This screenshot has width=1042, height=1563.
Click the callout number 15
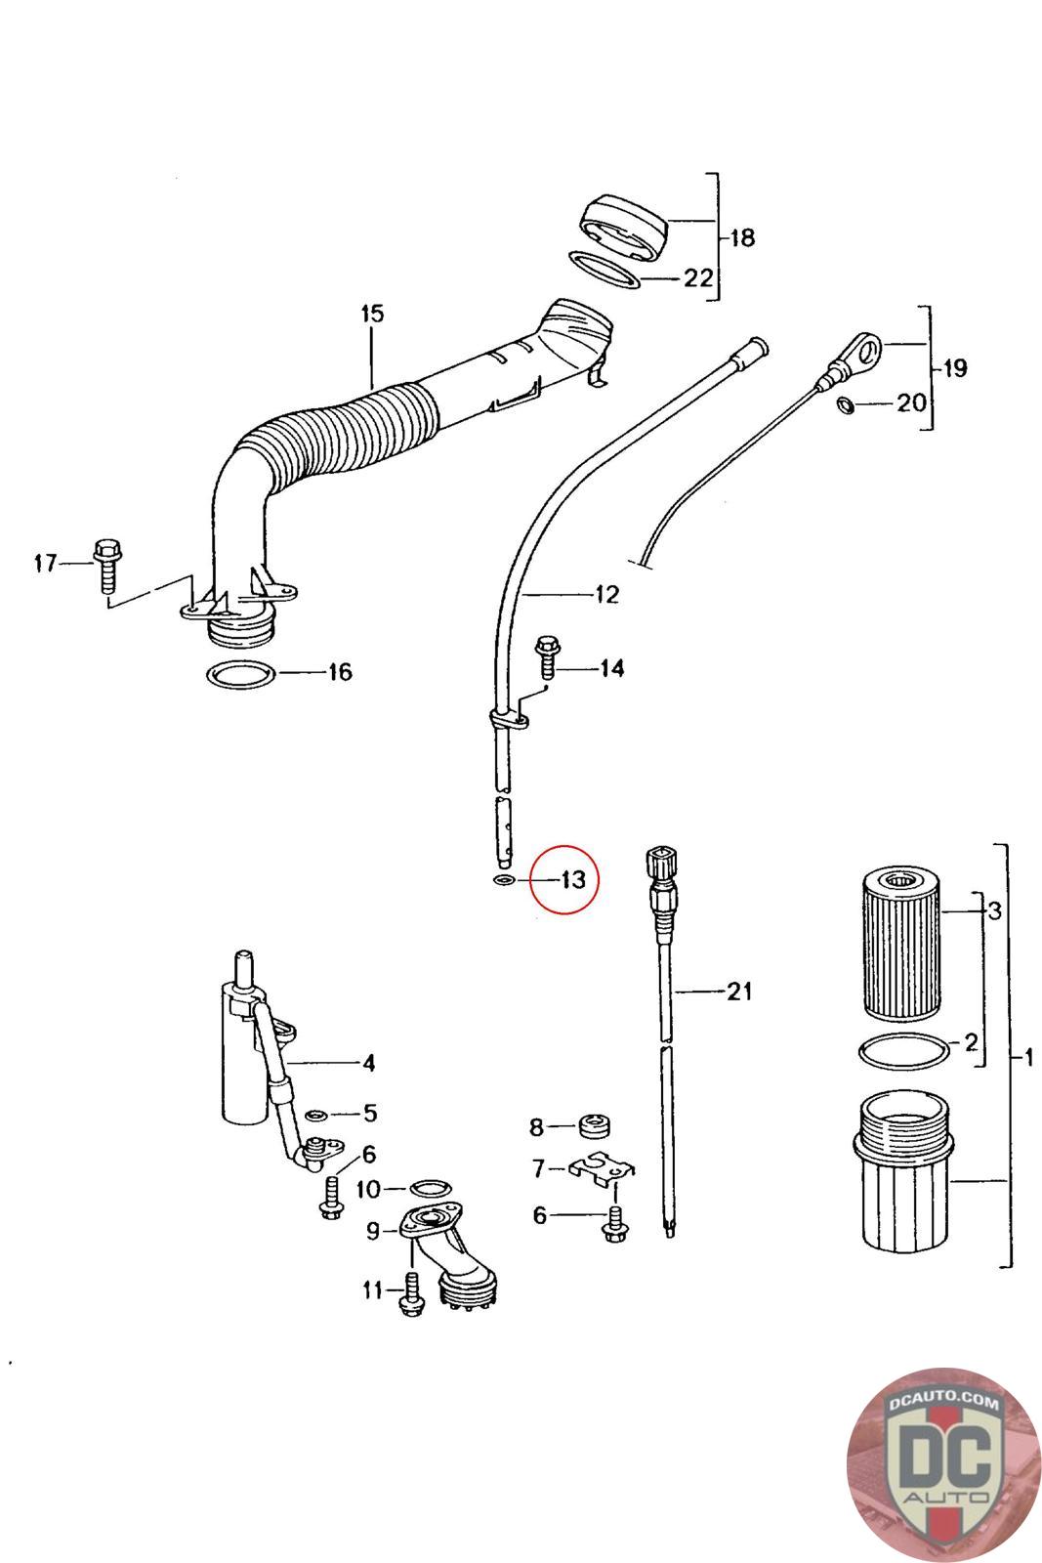click(372, 314)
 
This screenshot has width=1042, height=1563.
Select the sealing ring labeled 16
click(240, 675)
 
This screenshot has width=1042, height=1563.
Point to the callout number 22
click(697, 278)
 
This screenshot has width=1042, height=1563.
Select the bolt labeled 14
click(548, 655)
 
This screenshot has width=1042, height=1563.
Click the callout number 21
click(738, 992)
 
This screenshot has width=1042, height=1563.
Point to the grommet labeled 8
click(595, 1125)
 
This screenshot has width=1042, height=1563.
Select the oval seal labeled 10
click(429, 1187)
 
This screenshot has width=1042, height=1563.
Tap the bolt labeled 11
click(411, 1293)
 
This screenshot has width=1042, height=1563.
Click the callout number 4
click(369, 1063)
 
